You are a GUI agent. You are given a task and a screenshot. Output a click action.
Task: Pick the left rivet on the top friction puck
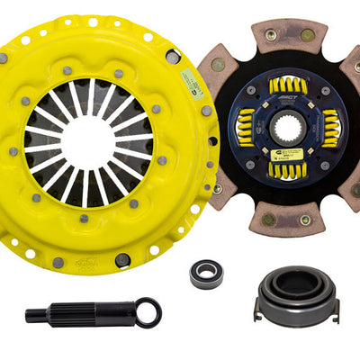click(x=270, y=34)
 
